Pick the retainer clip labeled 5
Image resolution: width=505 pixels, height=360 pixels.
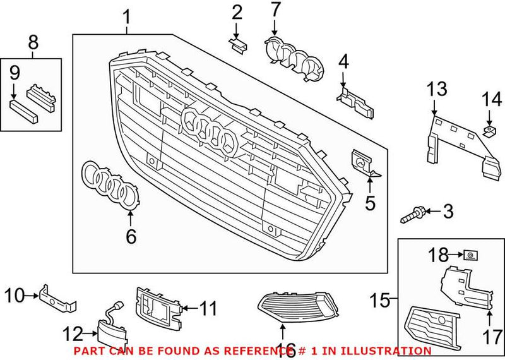[362, 164]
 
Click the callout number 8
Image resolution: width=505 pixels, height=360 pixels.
[33, 43]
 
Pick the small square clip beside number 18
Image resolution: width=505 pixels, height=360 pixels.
[470, 255]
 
